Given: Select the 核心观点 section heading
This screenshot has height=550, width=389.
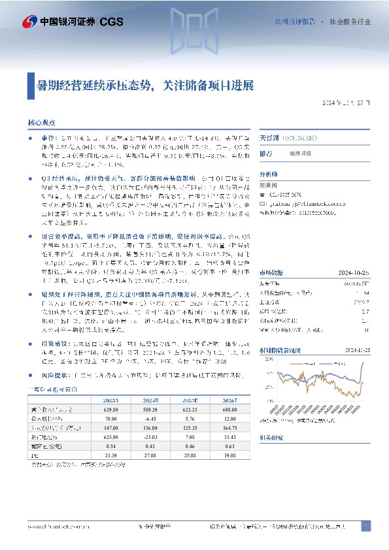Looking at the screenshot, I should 42,122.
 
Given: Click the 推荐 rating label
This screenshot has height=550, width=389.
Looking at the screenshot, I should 266,153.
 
